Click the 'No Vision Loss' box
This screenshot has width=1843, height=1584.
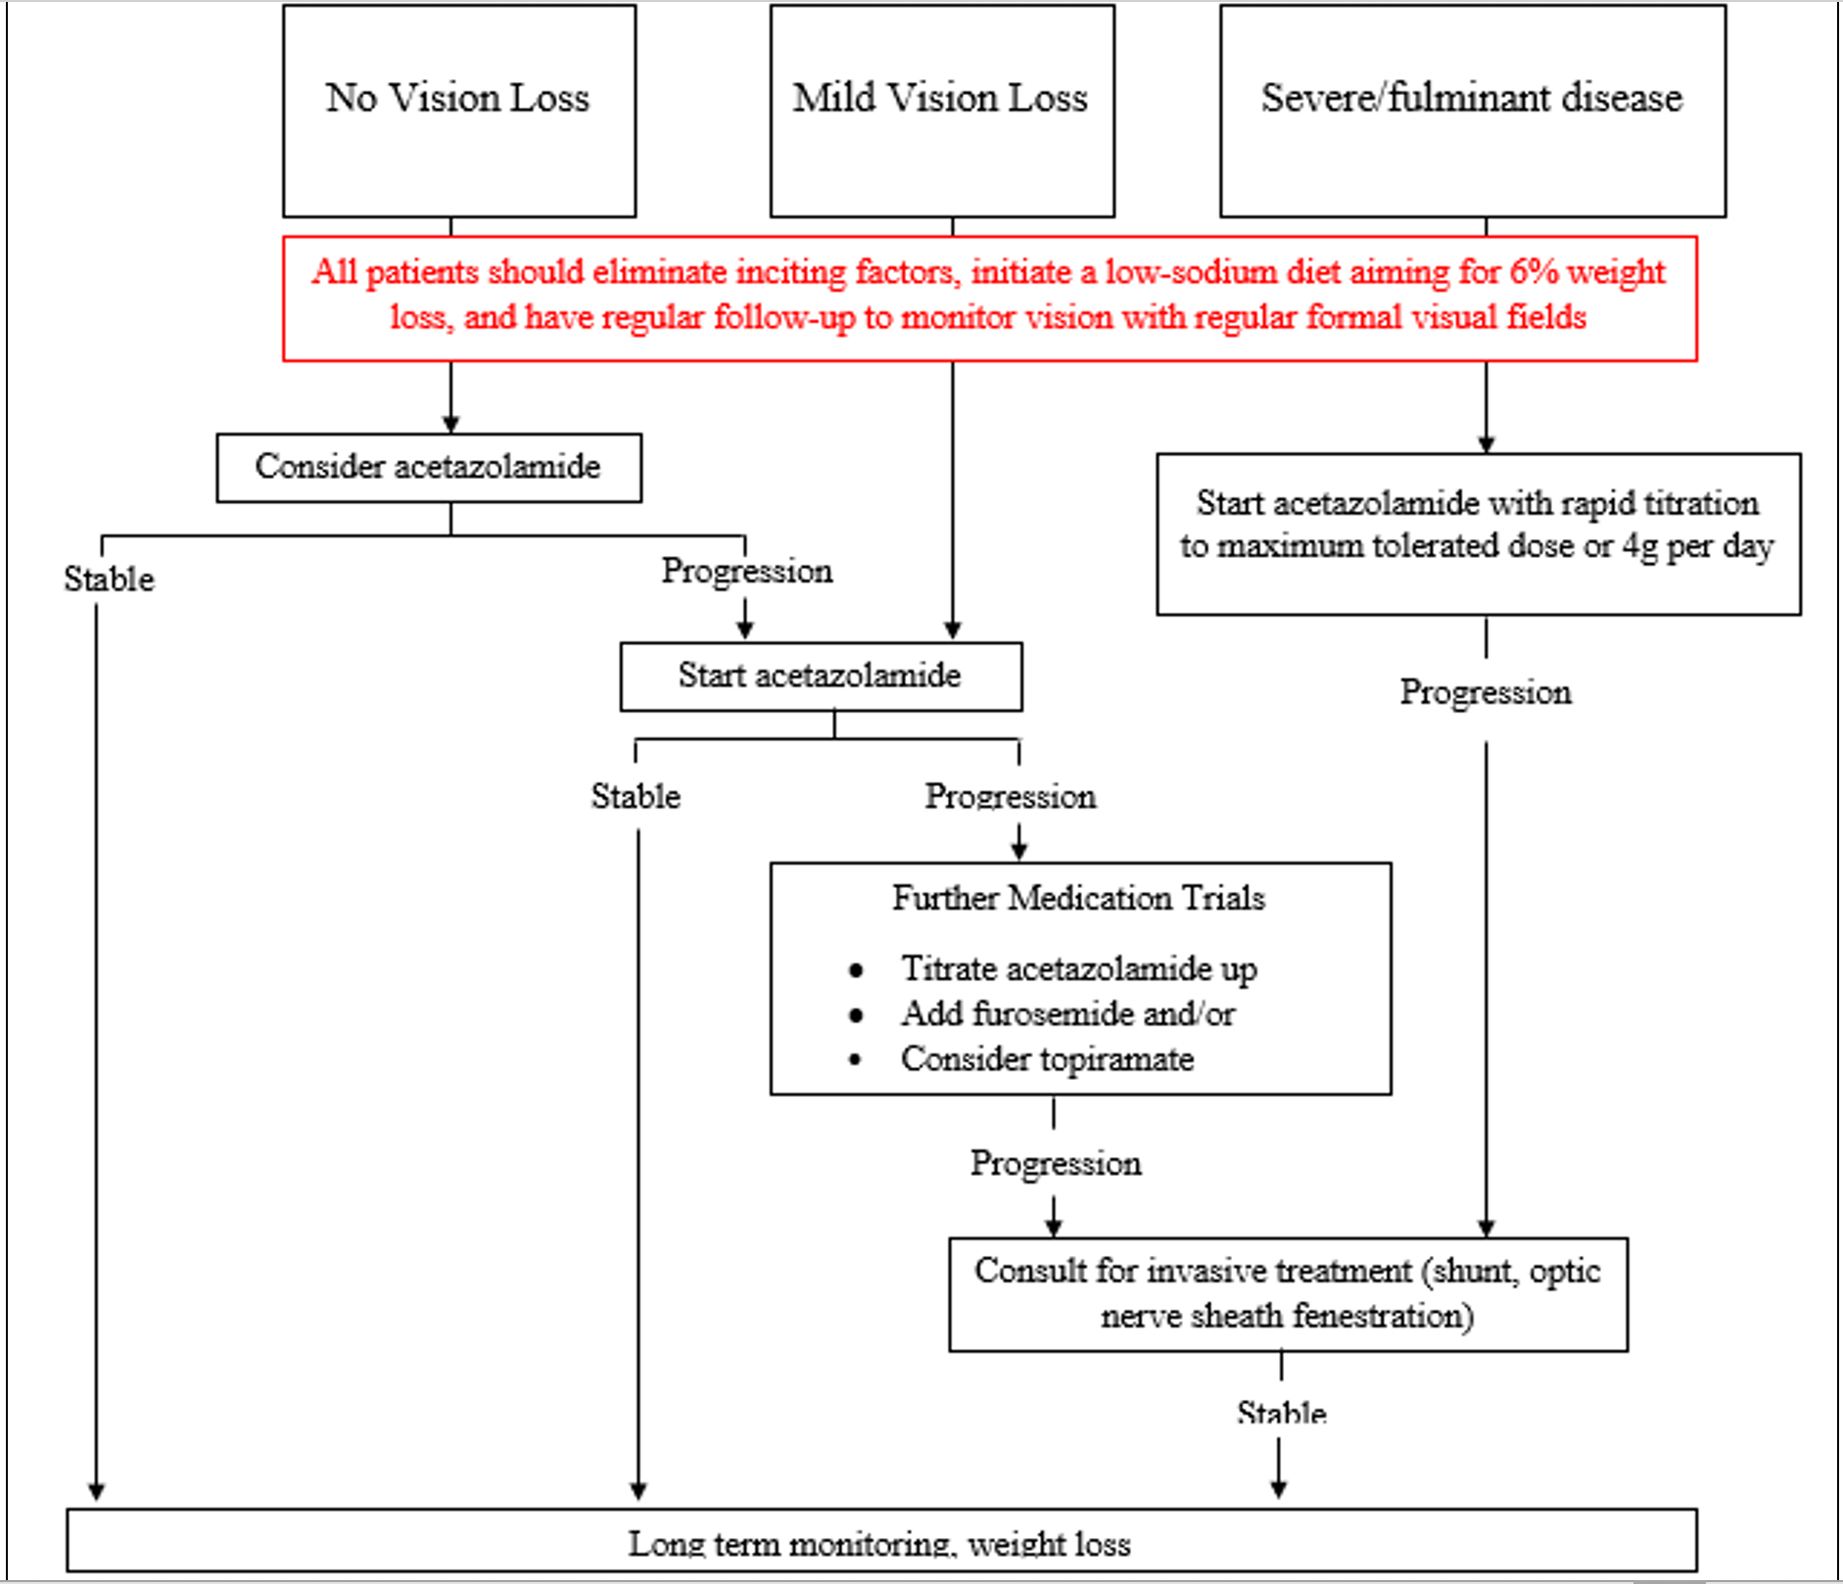458,111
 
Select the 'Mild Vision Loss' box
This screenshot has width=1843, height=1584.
941,111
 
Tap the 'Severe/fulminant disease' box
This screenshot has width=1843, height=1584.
1472,111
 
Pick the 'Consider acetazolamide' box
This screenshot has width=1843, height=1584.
429,467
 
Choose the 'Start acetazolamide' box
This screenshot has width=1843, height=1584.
821,676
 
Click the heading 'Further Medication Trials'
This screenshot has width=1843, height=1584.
1078,898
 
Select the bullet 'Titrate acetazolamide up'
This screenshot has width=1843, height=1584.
1078,968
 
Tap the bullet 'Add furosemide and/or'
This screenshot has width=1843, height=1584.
1067,1013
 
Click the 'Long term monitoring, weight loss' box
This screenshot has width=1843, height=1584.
880,1542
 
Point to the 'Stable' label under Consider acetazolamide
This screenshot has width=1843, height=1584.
109,579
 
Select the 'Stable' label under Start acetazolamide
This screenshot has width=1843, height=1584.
636,796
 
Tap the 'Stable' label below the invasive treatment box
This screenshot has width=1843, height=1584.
1281,1413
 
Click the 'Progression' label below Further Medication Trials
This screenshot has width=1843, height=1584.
1056,1163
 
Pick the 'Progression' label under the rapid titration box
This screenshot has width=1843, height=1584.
1486,692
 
